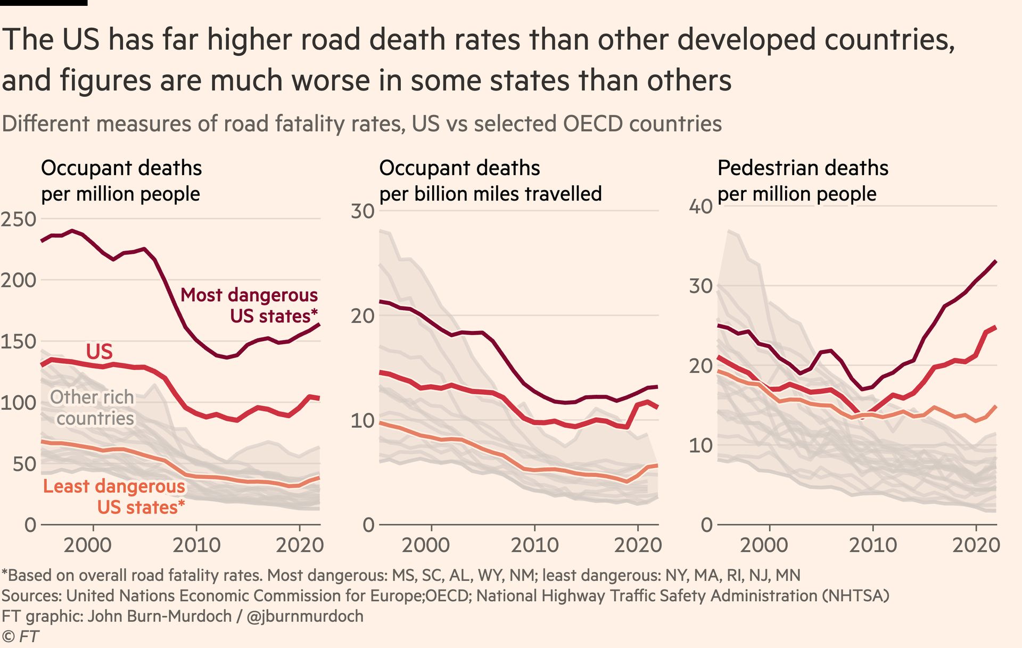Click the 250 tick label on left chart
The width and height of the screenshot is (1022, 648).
coord(18,219)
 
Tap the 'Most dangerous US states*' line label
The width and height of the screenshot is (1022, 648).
coord(249,305)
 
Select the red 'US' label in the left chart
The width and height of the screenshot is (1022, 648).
coord(100,352)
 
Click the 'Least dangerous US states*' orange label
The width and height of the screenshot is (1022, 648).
coord(114,496)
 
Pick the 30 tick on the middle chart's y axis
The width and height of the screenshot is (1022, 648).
coord(362,211)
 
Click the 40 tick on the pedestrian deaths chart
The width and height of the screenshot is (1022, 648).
coord(700,206)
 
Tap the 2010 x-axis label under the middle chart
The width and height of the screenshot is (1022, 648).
coord(534,545)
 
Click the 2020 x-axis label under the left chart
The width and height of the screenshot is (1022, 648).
coord(299,545)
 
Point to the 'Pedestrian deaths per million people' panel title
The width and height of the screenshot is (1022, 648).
coord(802,181)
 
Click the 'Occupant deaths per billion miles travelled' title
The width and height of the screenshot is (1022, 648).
coord(490,181)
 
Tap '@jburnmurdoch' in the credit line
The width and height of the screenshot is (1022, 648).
coord(305,616)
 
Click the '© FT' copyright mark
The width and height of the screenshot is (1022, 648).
coord(20,636)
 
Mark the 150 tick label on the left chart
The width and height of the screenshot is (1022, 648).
coord(18,342)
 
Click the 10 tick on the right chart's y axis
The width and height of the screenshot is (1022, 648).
coord(700,446)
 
